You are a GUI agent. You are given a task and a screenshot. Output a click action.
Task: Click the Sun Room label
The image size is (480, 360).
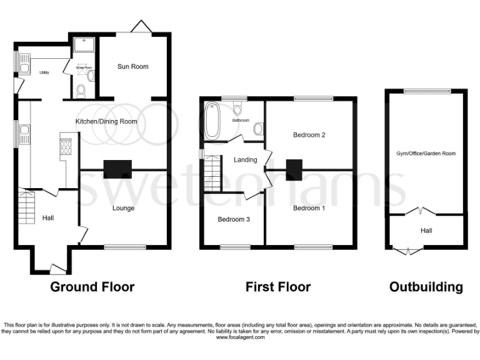133,66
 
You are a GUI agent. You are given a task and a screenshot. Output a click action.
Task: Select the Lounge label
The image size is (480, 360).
124,208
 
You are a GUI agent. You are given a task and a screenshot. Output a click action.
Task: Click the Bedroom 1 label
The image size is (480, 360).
309,209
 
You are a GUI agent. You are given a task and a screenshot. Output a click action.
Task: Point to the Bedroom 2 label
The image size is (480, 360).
309,134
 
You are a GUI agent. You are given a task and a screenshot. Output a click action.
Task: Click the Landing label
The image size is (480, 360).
246,159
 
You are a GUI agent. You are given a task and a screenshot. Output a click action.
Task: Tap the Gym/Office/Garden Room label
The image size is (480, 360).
426,154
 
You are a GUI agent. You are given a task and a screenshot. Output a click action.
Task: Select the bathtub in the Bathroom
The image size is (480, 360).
212,122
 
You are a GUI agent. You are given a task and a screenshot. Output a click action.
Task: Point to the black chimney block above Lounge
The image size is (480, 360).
118,168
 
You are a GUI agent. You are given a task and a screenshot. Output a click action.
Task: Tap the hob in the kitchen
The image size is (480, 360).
66,146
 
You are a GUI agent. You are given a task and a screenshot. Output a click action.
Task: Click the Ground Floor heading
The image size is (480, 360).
92,287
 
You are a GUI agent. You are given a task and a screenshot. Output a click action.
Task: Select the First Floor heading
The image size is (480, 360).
278,287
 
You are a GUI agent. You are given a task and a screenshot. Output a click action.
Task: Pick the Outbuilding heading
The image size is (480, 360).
426,287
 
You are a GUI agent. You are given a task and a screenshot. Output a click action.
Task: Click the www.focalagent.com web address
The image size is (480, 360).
240,337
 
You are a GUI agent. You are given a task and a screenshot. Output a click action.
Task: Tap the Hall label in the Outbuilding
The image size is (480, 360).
426,231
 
